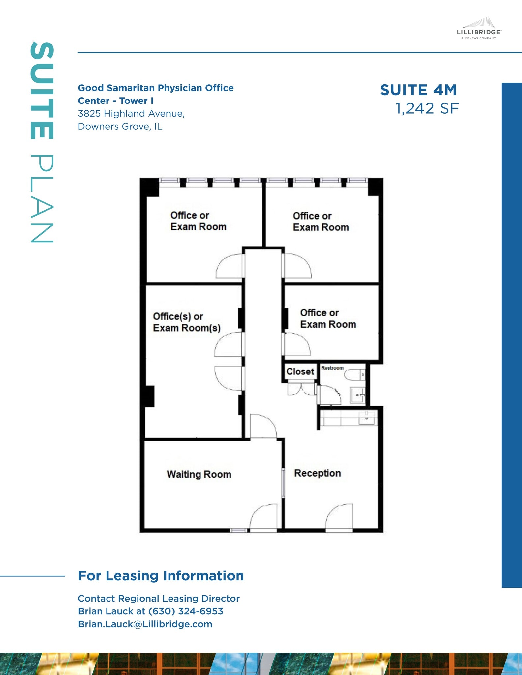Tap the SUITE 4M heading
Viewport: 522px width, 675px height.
coord(418,90)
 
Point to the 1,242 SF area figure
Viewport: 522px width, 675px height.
coord(427,108)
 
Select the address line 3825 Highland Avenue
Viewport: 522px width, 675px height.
coord(131,114)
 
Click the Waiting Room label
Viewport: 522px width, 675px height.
coord(199,474)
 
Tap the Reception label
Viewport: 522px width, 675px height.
coord(317,473)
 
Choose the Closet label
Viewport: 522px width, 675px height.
coord(300,371)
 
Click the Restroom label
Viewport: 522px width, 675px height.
coord(332,368)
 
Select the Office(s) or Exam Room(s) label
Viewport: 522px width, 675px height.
coord(187,322)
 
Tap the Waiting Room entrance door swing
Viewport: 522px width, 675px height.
coord(263,517)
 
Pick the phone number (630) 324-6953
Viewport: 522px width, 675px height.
coord(186,611)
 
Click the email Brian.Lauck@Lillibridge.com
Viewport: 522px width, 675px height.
coord(145,624)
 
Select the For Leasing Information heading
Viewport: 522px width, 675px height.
coord(161,576)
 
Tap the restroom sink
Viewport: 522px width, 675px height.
coord(357,395)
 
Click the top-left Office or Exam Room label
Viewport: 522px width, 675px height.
coord(198,221)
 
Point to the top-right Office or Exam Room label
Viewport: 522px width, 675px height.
coord(321,221)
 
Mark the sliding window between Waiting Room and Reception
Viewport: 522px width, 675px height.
coord(283,483)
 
